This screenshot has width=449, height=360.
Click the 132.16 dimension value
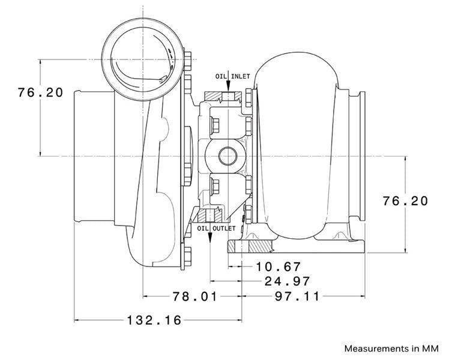pos(154,320)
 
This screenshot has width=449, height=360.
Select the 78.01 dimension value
pos(195,296)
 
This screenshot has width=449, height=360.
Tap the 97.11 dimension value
pos(297,296)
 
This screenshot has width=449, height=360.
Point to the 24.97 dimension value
pos(287,281)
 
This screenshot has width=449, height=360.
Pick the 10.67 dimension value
pos(278,267)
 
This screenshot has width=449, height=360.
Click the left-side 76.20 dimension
pos(40,92)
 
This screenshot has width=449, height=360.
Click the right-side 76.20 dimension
pos(405,201)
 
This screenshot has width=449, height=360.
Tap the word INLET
pos(241,76)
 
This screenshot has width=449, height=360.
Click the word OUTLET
pos(224,228)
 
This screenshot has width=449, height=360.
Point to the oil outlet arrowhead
pos(210,238)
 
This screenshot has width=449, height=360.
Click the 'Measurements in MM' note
pos(391,349)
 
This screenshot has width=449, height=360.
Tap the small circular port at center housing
pos(228,156)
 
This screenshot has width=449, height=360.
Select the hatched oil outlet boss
pos(210,215)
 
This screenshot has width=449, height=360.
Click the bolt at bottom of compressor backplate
pos(187,256)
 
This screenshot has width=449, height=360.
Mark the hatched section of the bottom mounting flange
pos(259,247)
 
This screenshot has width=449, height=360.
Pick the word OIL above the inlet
pos(221,76)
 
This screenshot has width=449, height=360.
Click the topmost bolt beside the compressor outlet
pos(187,61)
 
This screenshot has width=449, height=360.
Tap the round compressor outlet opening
pos(142,59)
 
